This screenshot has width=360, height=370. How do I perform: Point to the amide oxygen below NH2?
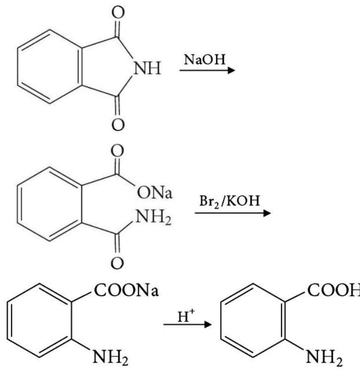[x=118, y=264]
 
